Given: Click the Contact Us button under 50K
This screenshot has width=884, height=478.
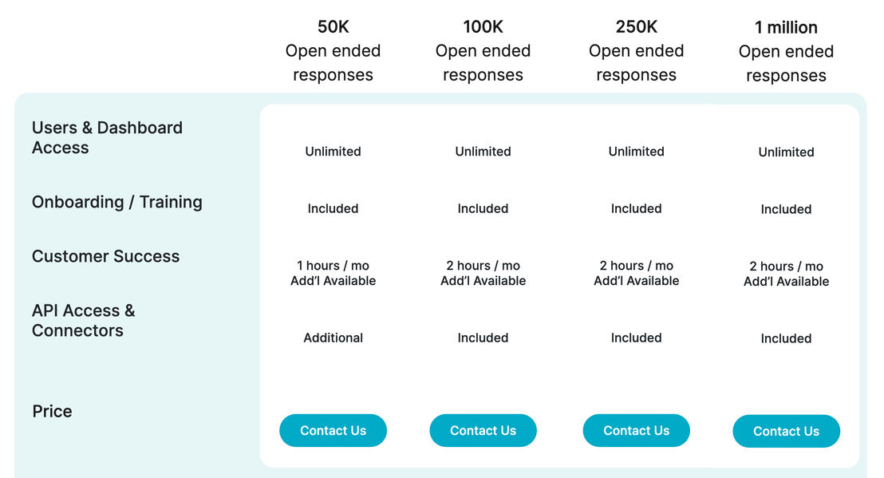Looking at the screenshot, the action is (x=333, y=431).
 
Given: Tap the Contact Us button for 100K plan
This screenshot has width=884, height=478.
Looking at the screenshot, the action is (x=483, y=431).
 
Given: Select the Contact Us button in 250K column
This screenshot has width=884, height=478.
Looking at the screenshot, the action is (x=637, y=431).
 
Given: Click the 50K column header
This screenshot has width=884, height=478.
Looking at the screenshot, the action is (x=333, y=51).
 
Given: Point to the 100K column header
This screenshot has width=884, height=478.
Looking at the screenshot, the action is (x=483, y=51).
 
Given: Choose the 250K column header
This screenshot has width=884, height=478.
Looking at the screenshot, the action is (x=637, y=51).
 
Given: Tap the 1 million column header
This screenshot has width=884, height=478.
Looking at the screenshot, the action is (x=787, y=51).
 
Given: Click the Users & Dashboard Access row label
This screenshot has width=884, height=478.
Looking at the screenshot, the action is (x=107, y=137).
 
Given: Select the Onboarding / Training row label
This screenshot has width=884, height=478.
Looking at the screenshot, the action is (x=117, y=202).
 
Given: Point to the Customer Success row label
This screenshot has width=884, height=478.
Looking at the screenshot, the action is (x=106, y=256).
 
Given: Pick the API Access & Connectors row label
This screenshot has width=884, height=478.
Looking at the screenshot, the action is (x=84, y=320).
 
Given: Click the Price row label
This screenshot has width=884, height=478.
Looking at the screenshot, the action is (x=52, y=412).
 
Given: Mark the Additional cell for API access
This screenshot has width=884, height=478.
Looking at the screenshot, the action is (x=333, y=338).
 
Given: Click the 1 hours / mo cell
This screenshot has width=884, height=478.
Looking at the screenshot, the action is (x=333, y=273).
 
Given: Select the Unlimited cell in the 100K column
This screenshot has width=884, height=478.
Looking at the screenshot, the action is (x=483, y=151).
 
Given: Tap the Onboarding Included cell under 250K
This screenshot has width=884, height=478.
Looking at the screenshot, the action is (x=637, y=208).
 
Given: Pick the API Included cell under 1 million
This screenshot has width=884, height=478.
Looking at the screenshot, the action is (x=787, y=338).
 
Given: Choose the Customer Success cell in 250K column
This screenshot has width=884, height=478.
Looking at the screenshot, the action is (x=637, y=273).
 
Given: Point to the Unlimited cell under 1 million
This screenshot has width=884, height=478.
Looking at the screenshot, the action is (x=787, y=152).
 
